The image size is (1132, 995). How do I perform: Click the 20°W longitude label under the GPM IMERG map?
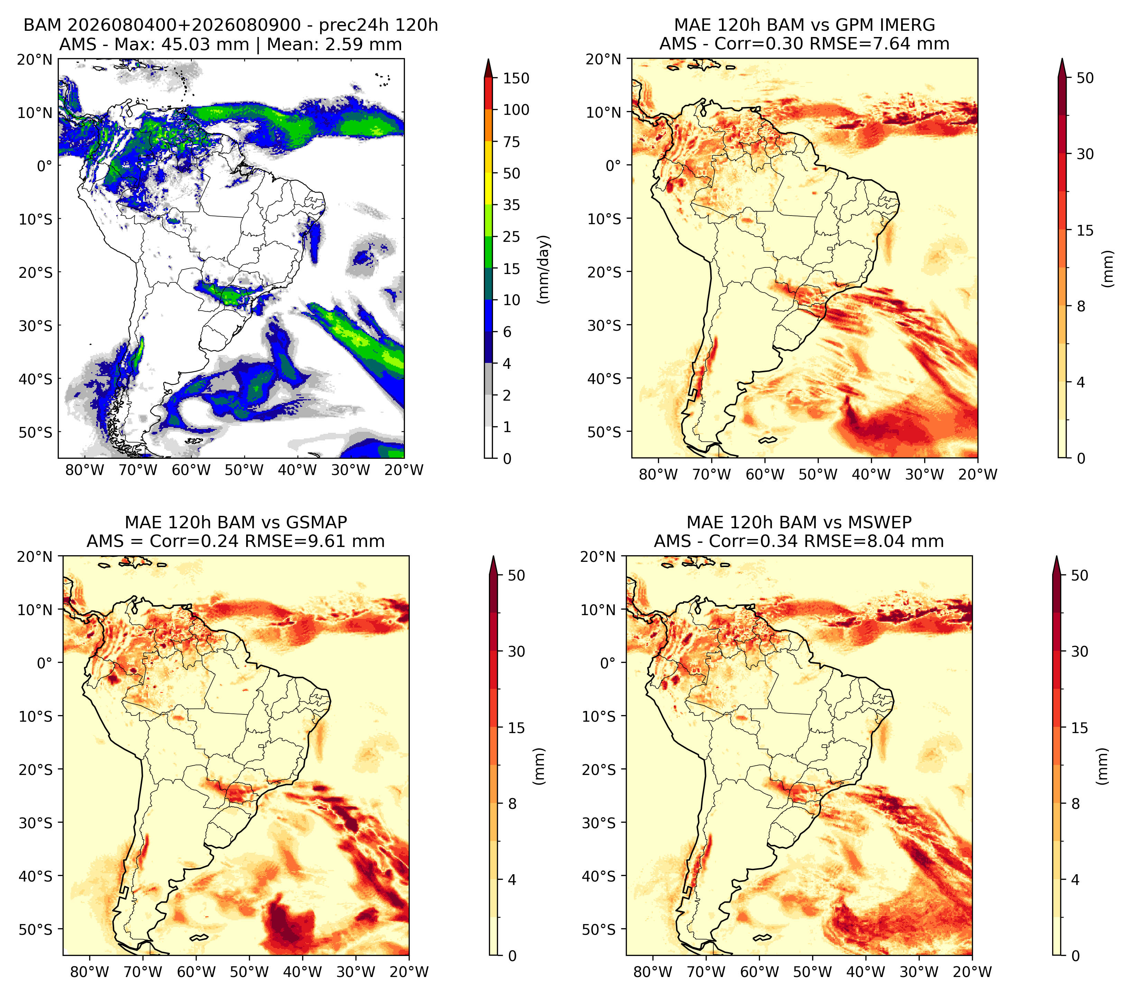(978, 474)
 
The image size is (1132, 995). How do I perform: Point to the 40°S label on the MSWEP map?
(599, 876)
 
